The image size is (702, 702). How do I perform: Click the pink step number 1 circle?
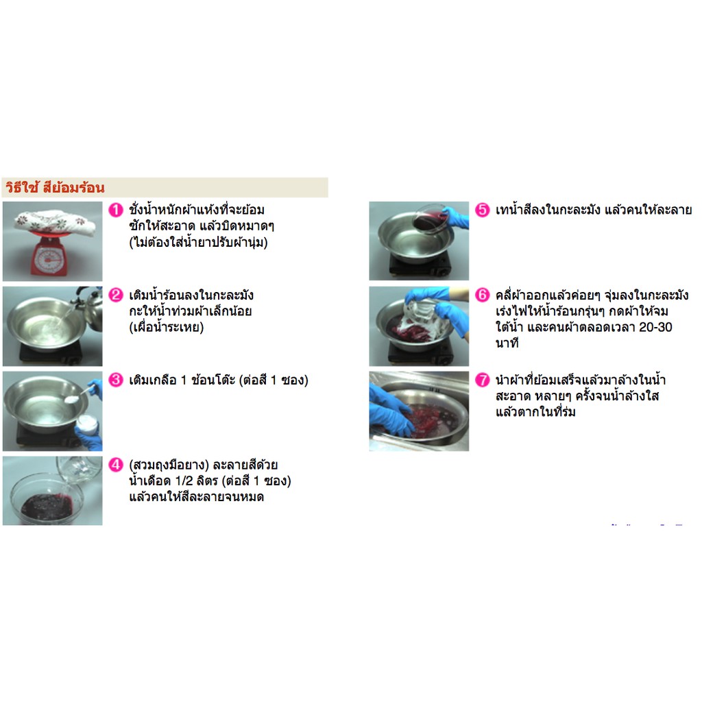116,210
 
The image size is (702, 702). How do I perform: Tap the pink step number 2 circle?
116,295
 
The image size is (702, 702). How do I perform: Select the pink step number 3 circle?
116,380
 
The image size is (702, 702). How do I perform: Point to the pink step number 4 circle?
116,465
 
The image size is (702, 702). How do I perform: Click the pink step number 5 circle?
482,210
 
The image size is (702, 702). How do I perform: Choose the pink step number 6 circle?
482,295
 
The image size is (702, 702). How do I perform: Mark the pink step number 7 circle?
482,380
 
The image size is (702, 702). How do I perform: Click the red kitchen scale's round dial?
49,259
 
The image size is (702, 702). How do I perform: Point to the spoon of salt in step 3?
78,396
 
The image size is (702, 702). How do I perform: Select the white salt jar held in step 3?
87,424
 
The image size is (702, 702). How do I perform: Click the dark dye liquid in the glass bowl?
47,507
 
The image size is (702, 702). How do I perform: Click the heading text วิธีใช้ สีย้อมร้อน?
55,188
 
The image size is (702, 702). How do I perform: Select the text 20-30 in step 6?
655,327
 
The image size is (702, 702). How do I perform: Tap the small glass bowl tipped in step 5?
429,219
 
